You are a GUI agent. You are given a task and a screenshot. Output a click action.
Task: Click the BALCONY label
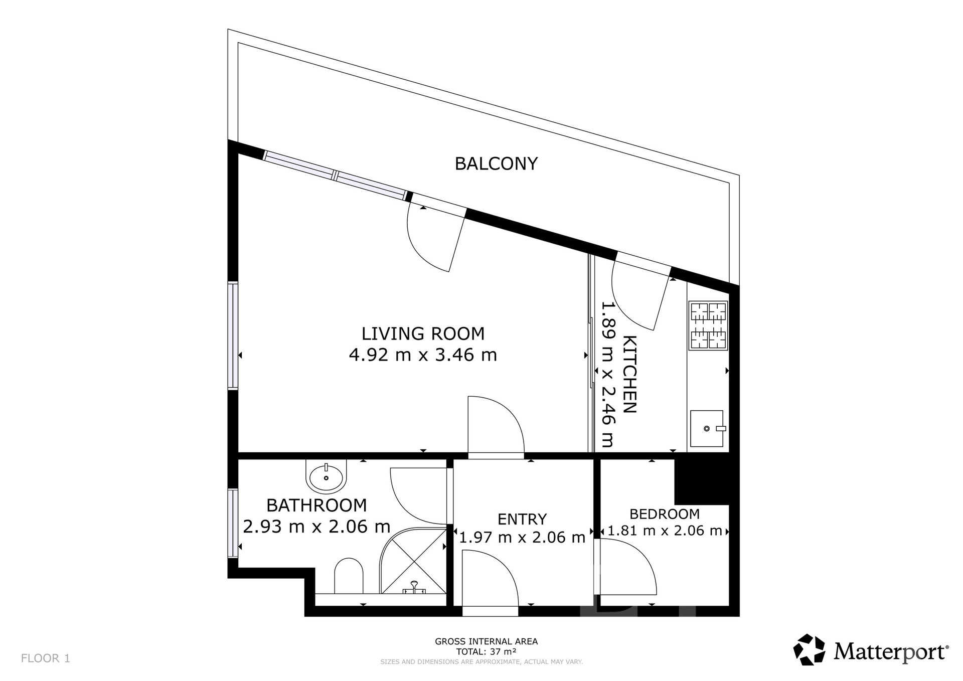pos(496,163)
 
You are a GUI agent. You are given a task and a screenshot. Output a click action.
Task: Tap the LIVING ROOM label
pos(423,333)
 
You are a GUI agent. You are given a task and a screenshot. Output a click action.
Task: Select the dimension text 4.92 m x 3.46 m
pos(423,355)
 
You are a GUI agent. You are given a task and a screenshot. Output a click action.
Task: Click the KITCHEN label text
pos(630,374)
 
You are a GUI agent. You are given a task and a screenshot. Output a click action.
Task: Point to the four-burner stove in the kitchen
pos(708,325)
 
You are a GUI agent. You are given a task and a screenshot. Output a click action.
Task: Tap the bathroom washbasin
pos(326,476)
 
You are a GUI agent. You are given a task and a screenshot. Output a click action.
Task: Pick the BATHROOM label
pos(316,505)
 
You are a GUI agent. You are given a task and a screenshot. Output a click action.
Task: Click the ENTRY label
pos(522,519)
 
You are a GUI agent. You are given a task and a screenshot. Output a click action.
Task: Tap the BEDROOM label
pos(665,514)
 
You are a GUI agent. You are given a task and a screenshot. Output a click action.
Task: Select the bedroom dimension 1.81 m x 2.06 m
pos(665,531)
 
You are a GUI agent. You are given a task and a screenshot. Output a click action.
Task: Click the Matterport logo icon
pos(809,650)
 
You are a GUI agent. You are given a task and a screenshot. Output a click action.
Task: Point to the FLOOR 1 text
pos(46,658)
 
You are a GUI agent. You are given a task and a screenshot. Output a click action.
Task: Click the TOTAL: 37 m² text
pos(486,652)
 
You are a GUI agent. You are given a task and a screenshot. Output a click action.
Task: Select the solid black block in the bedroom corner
pos(702,481)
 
